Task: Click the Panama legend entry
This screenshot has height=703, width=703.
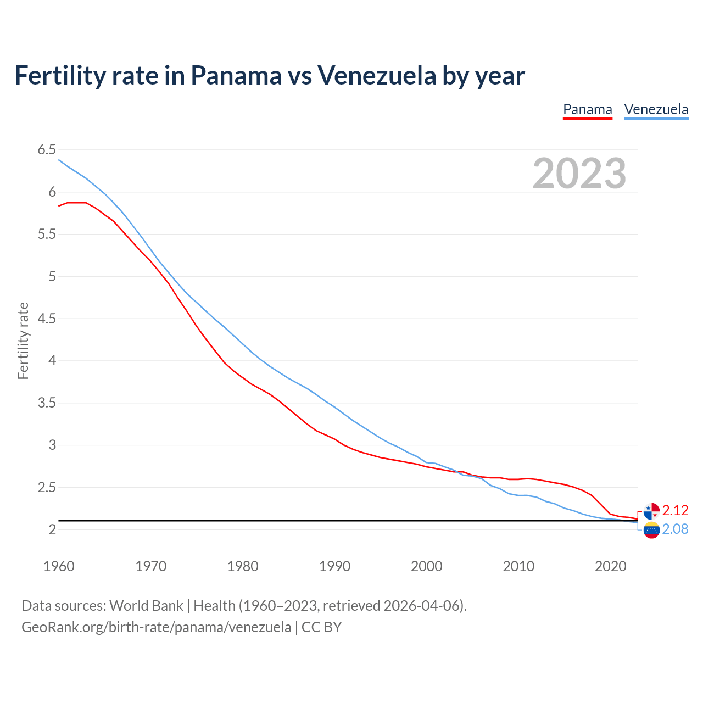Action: tap(587, 109)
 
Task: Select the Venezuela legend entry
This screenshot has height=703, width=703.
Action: tap(656, 109)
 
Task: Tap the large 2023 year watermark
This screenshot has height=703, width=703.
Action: tap(579, 174)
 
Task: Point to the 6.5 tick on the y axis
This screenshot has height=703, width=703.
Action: tap(47, 150)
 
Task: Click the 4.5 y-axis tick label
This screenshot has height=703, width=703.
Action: tap(47, 319)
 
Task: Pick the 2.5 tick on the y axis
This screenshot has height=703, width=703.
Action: tap(47, 487)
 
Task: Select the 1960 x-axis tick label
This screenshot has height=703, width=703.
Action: tap(59, 566)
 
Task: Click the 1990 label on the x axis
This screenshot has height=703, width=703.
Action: tap(334, 566)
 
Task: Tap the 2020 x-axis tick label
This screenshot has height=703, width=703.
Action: tap(610, 566)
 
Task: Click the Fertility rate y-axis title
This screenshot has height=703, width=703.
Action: tap(23, 341)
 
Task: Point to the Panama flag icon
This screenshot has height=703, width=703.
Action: tap(651, 511)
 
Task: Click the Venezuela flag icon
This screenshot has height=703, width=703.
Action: tap(651, 530)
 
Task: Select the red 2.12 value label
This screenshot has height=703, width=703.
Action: tap(675, 511)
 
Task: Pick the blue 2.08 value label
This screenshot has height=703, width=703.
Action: tap(675, 529)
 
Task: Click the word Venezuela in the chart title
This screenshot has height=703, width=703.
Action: tap(376, 75)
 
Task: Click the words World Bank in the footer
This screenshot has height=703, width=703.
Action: tap(146, 606)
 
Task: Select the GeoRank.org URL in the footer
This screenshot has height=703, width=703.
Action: tap(156, 627)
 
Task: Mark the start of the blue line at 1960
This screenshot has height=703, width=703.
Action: tap(59, 160)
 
